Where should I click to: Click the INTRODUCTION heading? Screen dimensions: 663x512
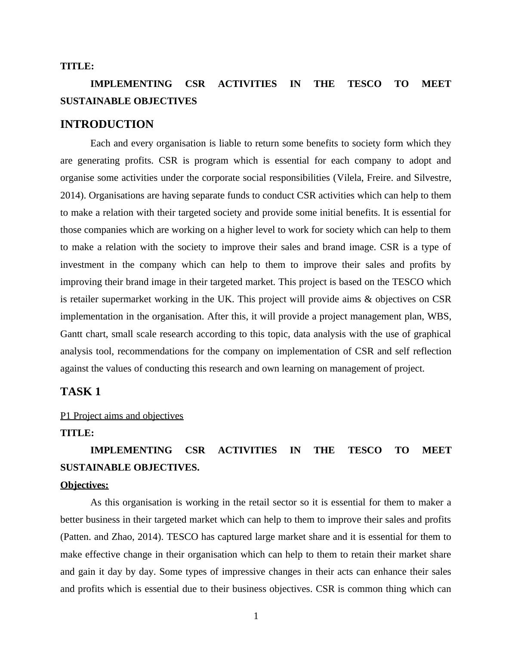[107, 124]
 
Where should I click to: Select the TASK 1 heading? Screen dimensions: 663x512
[80, 392]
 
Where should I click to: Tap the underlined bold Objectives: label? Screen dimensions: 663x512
[84, 485]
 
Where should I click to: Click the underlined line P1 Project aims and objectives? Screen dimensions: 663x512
[122, 416]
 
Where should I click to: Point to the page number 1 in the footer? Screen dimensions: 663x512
[256, 617]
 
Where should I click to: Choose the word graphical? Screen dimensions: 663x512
[431, 334]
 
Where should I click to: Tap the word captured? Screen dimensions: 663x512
[228, 537]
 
